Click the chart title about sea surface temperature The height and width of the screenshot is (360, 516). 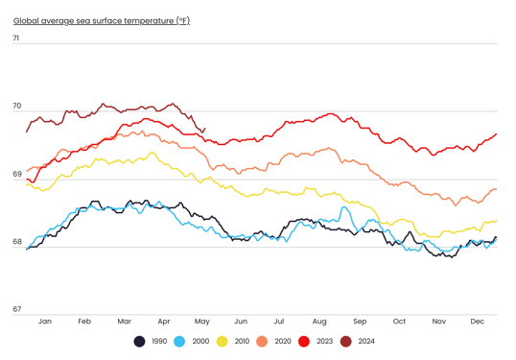[x=101, y=20]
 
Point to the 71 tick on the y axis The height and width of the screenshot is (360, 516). [x=16, y=38]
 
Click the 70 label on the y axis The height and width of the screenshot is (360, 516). [x=16, y=107]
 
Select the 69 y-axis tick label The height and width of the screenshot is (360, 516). [x=16, y=174]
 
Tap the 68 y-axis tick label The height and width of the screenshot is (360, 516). [x=16, y=242]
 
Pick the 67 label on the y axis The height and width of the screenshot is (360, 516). [x=16, y=309]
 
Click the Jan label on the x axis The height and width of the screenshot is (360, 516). [x=45, y=321]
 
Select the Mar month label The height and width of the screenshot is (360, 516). [x=124, y=321]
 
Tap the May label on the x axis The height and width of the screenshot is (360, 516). [x=201, y=321]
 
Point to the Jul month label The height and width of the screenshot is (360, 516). [x=280, y=321]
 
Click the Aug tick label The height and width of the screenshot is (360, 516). [x=319, y=321]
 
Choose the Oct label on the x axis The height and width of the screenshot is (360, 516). [x=399, y=321]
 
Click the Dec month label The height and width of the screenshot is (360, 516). [x=477, y=321]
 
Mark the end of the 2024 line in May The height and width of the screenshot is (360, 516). [x=204, y=129]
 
